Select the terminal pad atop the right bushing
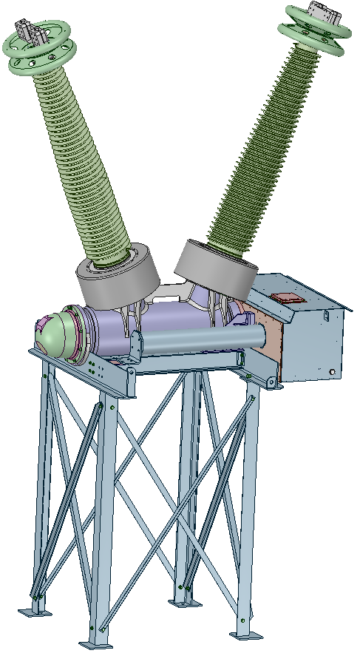[x=323, y=14]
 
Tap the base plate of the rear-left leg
[x=33, y=611]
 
